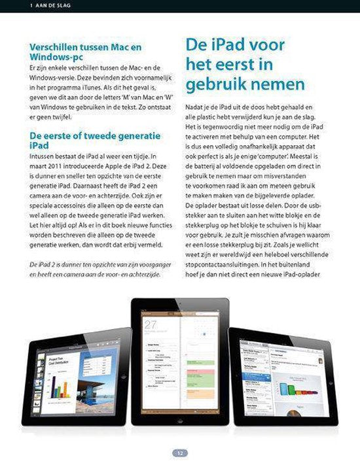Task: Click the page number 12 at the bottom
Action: pos(179,453)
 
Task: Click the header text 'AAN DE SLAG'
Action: pos(47,6)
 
